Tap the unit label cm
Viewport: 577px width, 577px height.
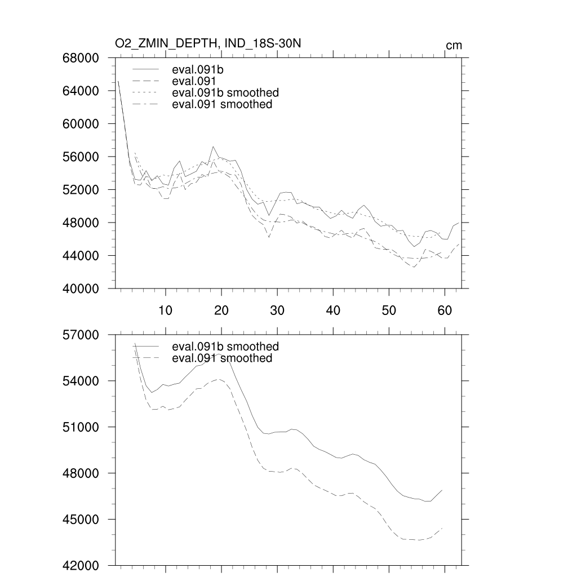click(x=454, y=46)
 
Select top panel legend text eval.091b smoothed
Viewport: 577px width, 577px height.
click(x=225, y=92)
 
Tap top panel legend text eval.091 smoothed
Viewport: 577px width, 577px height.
click(x=222, y=104)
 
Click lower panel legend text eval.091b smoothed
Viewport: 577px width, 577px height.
click(x=225, y=346)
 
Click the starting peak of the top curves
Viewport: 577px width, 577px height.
click(x=118, y=81)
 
